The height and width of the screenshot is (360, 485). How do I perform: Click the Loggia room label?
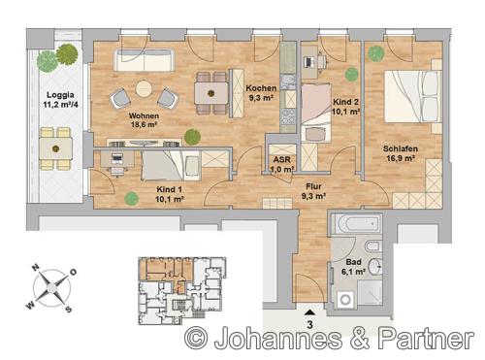(60, 100)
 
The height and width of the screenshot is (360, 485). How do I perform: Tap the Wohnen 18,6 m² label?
(144, 120)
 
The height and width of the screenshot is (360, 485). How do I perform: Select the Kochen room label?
(261, 93)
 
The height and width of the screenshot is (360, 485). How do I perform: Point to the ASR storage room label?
(282, 164)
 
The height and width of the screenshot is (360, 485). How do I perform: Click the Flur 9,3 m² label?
(313, 191)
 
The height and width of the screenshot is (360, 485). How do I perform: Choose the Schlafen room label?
(401, 153)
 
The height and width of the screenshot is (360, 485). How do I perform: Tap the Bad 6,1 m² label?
(353, 267)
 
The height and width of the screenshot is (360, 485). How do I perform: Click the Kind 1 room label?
(170, 194)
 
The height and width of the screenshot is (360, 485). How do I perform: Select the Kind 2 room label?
(346, 107)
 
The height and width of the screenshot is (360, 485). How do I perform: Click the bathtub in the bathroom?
(357, 223)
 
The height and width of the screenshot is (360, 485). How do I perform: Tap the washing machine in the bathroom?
(345, 300)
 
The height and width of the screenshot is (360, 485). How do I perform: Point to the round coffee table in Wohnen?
(144, 88)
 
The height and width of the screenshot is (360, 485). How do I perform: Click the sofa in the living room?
(144, 60)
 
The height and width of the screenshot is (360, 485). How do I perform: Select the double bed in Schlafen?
(412, 96)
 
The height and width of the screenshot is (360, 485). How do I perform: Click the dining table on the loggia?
(56, 148)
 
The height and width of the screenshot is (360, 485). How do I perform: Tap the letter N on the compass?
(36, 267)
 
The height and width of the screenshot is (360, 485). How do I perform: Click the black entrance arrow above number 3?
(309, 312)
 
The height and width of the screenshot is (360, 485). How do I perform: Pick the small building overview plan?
(181, 291)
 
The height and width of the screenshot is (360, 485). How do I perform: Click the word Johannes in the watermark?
(277, 339)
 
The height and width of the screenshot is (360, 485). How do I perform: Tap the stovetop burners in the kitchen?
(287, 116)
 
